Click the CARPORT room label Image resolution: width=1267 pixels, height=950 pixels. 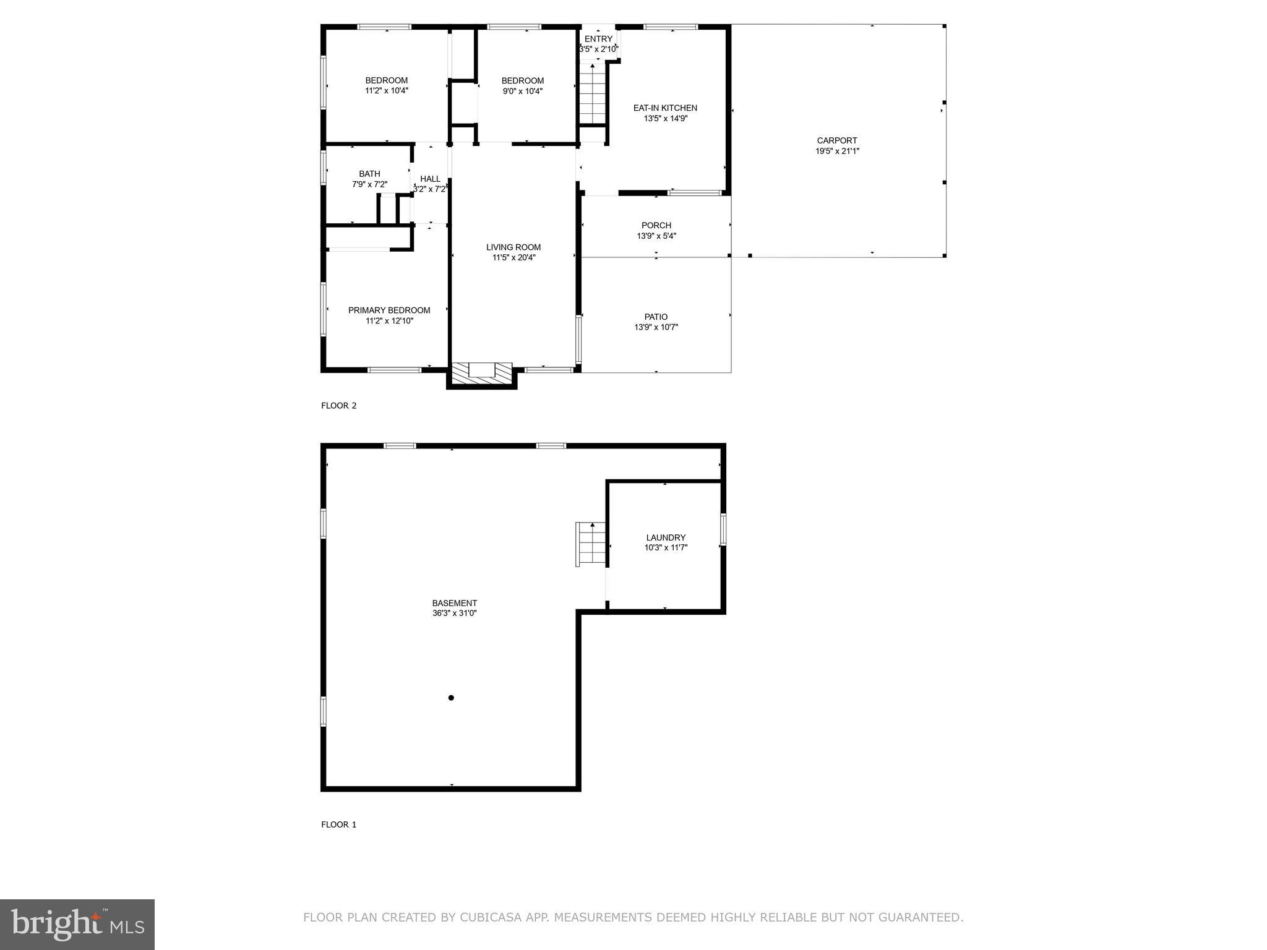point(837,140)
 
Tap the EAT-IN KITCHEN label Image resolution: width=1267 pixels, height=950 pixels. point(665,108)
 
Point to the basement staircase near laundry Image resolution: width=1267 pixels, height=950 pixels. point(590,544)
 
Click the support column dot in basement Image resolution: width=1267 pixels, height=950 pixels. point(451,698)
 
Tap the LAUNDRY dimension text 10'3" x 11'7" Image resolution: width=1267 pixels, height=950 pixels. point(666,547)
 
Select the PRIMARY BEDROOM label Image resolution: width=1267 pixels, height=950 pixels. point(389,310)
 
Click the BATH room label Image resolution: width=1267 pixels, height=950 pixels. point(369,174)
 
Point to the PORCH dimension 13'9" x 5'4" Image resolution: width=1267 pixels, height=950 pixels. point(656,236)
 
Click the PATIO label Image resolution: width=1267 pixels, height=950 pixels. point(656,317)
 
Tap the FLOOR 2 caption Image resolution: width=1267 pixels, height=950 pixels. point(338,406)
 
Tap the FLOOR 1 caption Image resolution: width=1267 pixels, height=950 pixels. point(338,824)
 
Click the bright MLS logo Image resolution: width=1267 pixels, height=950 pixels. point(77,925)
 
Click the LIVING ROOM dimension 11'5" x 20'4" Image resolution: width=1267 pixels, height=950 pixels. point(513,258)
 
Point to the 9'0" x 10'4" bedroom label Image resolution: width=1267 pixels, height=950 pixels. point(522,91)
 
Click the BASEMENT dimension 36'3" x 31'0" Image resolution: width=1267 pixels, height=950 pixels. point(454,614)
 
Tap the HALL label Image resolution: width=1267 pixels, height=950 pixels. point(430,179)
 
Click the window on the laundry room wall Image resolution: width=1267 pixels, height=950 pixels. point(723,529)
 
